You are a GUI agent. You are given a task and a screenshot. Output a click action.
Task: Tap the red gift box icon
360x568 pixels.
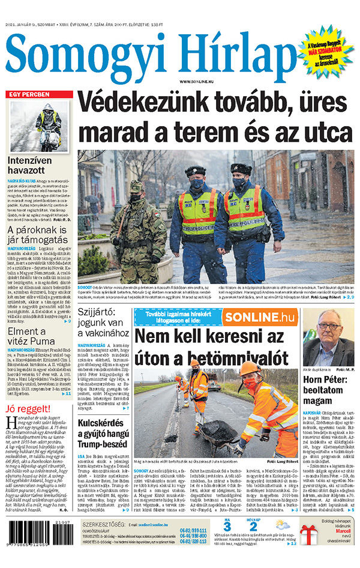309,551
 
